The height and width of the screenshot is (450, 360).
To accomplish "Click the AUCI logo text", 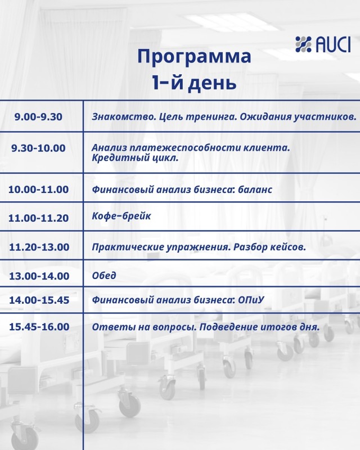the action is [333, 44].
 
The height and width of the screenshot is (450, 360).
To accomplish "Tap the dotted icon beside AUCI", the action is [303, 44].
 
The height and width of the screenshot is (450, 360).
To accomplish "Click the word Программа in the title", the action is [195, 57].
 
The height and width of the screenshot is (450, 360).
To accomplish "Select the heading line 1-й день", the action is [195, 83].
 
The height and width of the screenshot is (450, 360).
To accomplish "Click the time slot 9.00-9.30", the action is [38, 117].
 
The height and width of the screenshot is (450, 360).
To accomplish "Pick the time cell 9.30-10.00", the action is [38, 148].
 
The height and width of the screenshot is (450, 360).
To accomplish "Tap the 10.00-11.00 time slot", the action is [38, 190].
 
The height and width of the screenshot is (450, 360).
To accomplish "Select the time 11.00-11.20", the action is [38, 218].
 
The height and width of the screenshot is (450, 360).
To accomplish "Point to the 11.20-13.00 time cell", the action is [39, 247].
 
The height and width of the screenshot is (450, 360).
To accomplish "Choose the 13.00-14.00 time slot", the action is [39, 276].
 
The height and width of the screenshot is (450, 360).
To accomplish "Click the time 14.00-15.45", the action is [39, 300].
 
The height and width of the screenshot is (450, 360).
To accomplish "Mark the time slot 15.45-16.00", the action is [39, 327].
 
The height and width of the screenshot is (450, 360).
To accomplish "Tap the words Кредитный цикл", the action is [135, 158].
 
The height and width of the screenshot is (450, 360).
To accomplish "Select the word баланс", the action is [255, 190].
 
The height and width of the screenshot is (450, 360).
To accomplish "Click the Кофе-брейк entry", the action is [121, 216].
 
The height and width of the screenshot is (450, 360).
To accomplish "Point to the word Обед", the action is [104, 276].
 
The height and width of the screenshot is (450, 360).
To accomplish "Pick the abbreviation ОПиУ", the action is [251, 300].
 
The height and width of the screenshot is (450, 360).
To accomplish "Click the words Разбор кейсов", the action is [269, 247].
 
